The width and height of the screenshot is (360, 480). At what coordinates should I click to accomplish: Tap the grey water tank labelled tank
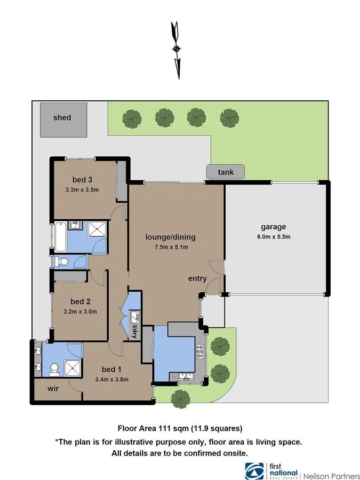(x=226, y=172)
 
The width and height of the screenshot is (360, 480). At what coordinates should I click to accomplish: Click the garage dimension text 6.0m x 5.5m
(x=273, y=237)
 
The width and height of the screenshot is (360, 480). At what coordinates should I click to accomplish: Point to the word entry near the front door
(x=197, y=278)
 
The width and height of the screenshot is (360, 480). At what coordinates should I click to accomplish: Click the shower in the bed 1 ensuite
(x=71, y=367)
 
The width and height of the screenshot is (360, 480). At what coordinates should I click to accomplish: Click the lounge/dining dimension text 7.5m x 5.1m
(x=170, y=247)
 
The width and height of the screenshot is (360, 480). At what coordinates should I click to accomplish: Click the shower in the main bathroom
(x=97, y=230)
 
